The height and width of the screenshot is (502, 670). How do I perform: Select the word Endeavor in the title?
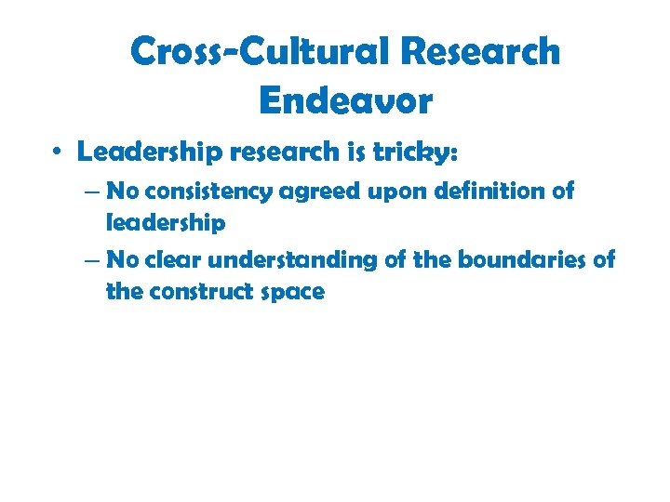click(x=346, y=100)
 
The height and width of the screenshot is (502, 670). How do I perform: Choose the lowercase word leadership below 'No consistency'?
click(x=166, y=224)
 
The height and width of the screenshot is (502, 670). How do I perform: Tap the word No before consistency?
click(x=123, y=192)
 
